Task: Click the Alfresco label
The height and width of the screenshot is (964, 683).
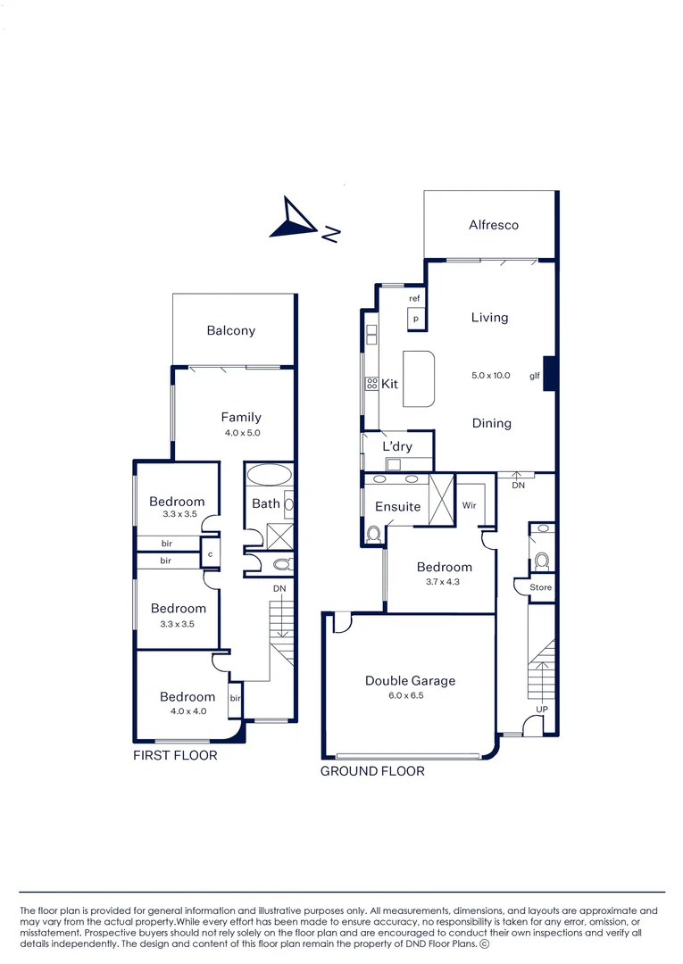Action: pos(494,225)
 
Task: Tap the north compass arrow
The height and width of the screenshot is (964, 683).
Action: pos(296,220)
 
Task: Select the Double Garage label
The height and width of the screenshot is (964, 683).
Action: pos(410,681)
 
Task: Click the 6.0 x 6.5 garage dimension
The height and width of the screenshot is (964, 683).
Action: pos(410,699)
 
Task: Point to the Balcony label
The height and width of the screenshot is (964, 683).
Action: pos(231,330)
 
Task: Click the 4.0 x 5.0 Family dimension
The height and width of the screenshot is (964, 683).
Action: pos(241,433)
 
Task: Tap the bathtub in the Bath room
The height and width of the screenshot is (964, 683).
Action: pos(267,473)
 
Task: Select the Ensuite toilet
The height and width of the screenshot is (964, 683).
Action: pos(373,533)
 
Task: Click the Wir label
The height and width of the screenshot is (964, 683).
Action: pos(470,505)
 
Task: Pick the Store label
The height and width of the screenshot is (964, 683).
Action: pos(541,587)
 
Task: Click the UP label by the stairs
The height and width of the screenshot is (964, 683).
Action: pos(541,709)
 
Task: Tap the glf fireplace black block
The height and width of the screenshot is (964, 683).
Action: pos(551,374)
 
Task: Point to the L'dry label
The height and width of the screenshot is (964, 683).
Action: pos(397,446)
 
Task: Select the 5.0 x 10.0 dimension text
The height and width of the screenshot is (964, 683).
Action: pos(491,376)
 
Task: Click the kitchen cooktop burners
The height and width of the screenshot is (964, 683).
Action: pos(371,384)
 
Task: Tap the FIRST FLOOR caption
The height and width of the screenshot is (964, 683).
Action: pos(175,755)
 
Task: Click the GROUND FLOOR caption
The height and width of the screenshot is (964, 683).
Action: pos(372,771)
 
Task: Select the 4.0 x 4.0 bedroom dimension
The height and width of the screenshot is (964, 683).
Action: pos(187,711)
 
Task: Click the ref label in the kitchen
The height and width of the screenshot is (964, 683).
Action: pos(414,298)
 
